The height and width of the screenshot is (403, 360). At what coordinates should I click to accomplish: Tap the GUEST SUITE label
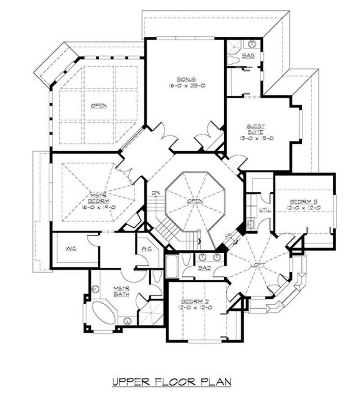(x=256, y=129)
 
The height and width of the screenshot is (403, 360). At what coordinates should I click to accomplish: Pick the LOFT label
(x=258, y=265)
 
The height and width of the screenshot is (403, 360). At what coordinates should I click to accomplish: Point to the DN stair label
(x=155, y=193)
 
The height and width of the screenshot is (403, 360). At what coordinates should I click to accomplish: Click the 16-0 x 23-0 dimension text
(x=186, y=86)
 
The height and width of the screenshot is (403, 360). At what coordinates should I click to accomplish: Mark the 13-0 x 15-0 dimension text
(x=256, y=138)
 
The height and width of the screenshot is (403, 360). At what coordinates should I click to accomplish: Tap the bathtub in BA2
(x=171, y=267)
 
